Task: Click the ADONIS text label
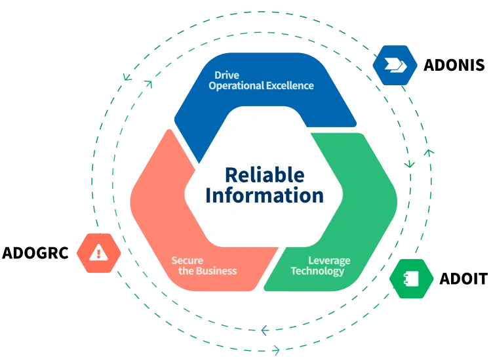pos(454,65)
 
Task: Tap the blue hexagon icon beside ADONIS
pos(395,65)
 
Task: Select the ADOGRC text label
pos(35,253)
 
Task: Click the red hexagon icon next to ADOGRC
pos(99,253)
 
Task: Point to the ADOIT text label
pos(463,279)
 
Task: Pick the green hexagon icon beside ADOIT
pos(411,279)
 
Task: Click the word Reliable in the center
pos(265,175)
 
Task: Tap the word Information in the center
pos(264,195)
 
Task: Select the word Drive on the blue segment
pos(227,75)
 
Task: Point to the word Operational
pos(237,86)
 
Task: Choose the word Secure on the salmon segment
pos(187,260)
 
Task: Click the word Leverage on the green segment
pos(329,261)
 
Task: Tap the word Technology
pos(317,271)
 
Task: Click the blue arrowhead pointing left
pos(265,330)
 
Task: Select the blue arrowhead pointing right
pos(276,350)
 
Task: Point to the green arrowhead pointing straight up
pos(429,153)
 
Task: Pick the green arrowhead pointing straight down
pos(409,164)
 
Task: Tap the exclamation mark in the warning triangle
pos(99,253)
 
